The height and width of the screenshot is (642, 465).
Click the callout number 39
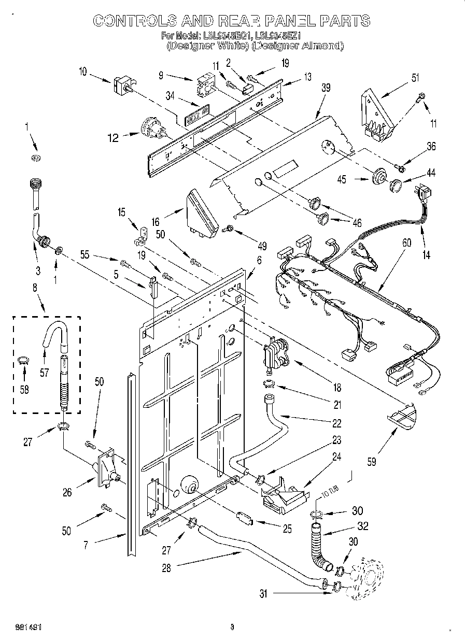coord(325,89)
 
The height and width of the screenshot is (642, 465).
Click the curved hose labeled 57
coord(52,334)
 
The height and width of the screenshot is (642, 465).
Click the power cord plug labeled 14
coord(425,193)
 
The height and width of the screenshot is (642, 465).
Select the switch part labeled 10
coord(123,84)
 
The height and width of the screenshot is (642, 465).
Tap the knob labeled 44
coord(397,184)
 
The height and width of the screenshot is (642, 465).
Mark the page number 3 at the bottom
coord(232,627)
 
